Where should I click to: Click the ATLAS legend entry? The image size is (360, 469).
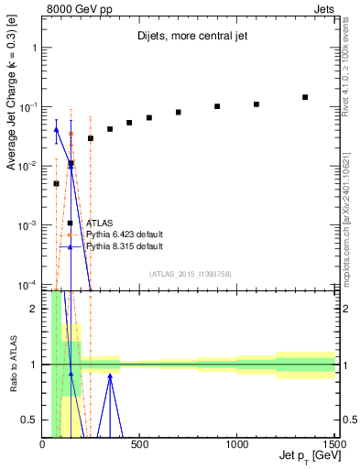(100, 223)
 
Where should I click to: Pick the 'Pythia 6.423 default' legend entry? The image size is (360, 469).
(125, 234)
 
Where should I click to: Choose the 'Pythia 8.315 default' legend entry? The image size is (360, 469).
(125, 246)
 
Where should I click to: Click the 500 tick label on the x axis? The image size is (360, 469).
(139, 443)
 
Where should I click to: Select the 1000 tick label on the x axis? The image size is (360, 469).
(236, 443)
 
